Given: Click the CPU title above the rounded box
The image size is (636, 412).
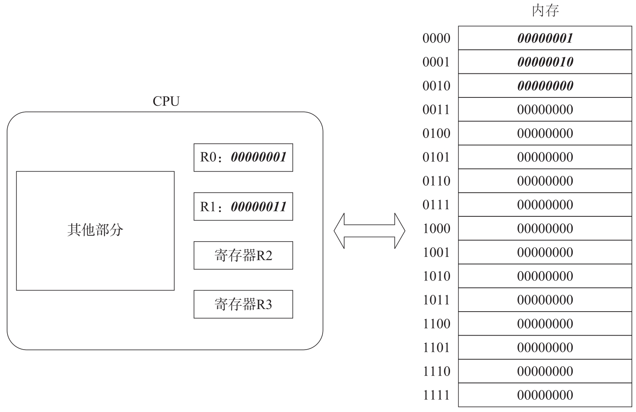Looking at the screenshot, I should tap(166, 101).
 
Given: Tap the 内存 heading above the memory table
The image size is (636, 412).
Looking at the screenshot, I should tap(545, 11).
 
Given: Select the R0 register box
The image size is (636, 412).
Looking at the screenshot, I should tap(243, 158).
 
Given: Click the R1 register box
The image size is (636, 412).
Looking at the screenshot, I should tap(243, 207).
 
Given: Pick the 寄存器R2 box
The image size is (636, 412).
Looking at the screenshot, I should tap(243, 256).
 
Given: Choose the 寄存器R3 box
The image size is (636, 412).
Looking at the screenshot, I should tap(243, 304).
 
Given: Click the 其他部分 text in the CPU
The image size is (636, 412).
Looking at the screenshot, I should tap(95, 230).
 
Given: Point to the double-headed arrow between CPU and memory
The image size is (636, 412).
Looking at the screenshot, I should tap(369, 231).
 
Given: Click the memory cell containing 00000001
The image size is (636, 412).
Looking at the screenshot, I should tap(545, 38).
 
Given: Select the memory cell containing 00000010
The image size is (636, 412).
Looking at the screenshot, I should tap(545, 62).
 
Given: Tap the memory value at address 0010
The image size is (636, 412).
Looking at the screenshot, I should tap(545, 86).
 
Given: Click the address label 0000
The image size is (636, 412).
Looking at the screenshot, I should tap(436, 38).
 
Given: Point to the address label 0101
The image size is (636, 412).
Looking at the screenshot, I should tap(436, 157).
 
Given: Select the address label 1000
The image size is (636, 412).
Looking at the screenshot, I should tap(436, 229).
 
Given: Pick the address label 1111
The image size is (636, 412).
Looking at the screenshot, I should tap(436, 395).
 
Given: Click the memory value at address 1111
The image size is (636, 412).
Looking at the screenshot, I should tap(545, 395).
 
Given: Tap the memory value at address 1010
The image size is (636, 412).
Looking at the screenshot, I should tap(545, 276).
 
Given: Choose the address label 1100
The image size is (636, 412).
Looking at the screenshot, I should tap(436, 324).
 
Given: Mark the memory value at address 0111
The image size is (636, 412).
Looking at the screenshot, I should tap(545, 205).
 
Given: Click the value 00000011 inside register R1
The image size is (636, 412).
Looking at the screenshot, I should tap(259, 207).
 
